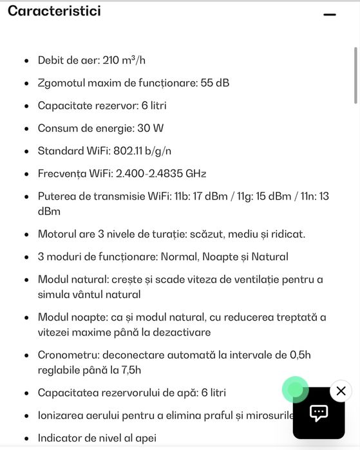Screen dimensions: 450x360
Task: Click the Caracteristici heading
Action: (54, 11)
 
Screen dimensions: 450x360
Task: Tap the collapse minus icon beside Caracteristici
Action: (330, 14)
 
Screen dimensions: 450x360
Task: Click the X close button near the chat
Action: (341, 390)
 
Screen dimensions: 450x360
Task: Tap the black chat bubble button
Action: (319, 413)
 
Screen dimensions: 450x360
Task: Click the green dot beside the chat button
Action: (295, 389)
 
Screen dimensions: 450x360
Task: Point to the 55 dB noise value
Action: (215, 83)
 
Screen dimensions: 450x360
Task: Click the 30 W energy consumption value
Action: (151, 128)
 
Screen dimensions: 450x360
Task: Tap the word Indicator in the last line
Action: (61, 438)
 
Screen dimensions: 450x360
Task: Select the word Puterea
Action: (58, 196)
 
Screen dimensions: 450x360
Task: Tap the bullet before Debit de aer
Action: (26, 61)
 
